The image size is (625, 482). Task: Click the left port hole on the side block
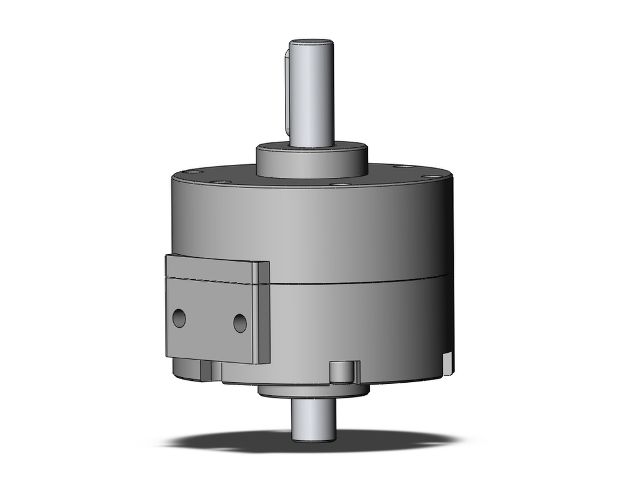pyautogui.click(x=179, y=318)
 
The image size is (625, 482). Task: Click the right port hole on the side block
pyautogui.click(x=240, y=323)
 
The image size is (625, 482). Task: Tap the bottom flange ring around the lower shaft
pyautogui.click(x=312, y=391)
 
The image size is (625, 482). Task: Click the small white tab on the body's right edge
pyautogui.click(x=447, y=363)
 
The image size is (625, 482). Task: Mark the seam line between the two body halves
pyautogui.click(x=362, y=281)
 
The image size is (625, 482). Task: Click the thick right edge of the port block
pyautogui.click(x=262, y=312)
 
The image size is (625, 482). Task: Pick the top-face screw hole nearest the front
pyautogui.click(x=341, y=184)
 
